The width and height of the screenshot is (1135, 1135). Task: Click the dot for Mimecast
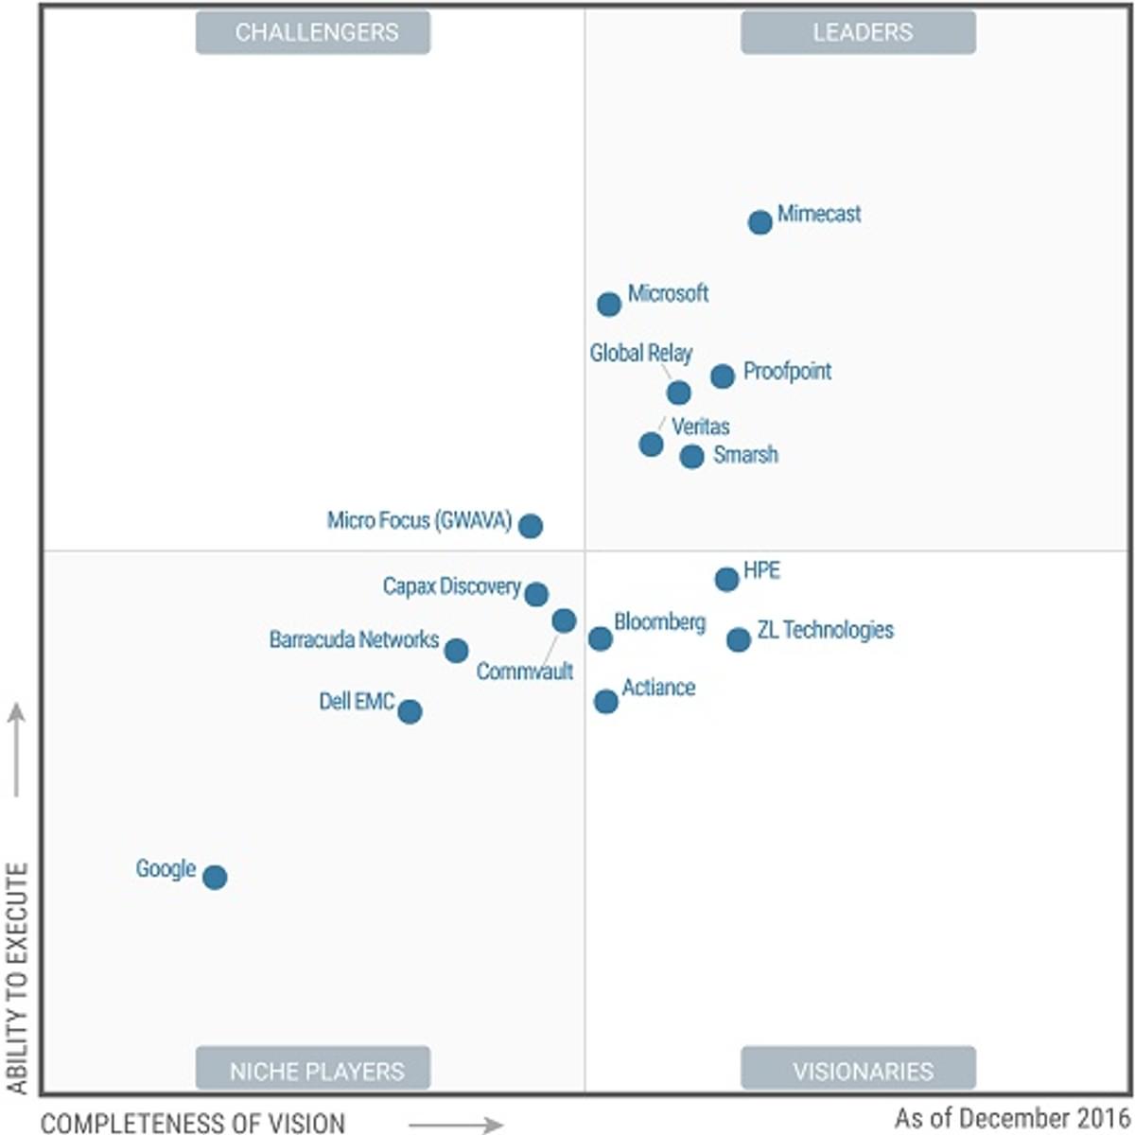[760, 222]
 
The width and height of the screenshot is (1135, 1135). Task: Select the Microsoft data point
[609, 304]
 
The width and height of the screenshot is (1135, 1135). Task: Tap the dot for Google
[215, 877]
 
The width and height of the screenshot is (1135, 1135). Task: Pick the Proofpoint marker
[723, 375]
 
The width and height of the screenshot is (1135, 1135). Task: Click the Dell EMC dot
[410, 711]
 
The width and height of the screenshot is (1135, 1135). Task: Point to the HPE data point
[726, 579]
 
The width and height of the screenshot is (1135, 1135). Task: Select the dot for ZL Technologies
[739, 639]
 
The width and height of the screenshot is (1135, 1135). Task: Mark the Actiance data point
[606, 701]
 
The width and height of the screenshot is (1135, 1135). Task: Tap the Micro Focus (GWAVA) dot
[531, 525]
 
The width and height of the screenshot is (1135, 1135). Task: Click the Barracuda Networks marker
[456, 650]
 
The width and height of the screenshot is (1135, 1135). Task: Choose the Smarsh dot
[691, 456]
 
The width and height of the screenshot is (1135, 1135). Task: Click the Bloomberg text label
[659, 621]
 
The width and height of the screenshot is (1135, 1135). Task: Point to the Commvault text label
[524, 672]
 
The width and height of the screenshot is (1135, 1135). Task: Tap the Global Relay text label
[640, 353]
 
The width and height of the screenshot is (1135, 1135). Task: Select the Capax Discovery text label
[451, 586]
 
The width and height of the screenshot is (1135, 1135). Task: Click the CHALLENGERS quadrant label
[313, 32]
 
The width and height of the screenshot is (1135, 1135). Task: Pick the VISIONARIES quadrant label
[858, 1071]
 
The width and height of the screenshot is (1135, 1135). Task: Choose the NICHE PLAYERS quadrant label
[313, 1071]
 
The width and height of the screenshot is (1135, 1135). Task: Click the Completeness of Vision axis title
[193, 1123]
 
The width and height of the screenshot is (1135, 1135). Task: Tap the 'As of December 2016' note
[1011, 1117]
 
